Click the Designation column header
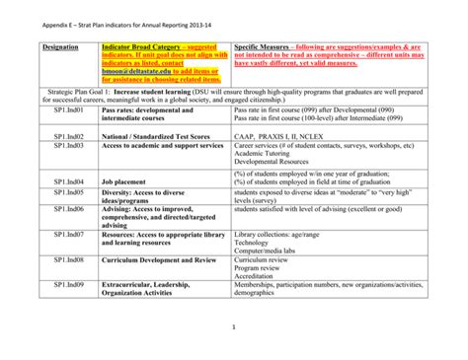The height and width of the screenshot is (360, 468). (62, 46)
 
